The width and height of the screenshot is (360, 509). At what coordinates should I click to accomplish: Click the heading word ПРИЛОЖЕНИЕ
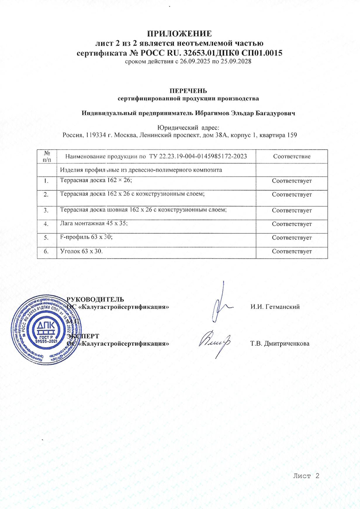(x=179, y=34)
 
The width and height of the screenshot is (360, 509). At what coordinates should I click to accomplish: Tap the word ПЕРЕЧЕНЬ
(x=188, y=91)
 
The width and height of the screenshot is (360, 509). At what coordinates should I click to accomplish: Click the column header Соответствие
(x=292, y=156)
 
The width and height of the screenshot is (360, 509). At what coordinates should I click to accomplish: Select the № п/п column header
(x=47, y=156)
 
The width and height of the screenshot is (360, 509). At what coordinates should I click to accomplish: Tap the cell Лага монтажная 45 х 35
(x=94, y=223)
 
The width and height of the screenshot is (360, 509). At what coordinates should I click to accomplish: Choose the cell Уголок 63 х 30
(x=81, y=251)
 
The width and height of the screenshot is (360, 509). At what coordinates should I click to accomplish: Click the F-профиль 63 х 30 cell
(x=86, y=237)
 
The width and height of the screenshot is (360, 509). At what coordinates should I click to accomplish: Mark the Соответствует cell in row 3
(x=292, y=210)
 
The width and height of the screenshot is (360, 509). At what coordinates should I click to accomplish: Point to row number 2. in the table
(x=46, y=194)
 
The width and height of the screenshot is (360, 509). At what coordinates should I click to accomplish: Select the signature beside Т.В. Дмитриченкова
(x=215, y=342)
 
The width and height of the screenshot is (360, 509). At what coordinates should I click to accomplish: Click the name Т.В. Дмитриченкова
(x=280, y=343)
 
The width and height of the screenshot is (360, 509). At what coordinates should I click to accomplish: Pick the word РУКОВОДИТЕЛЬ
(x=95, y=299)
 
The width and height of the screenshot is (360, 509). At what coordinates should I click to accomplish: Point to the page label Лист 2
(x=306, y=476)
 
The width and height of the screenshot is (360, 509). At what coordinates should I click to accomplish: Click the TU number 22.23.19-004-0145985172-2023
(x=203, y=156)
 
